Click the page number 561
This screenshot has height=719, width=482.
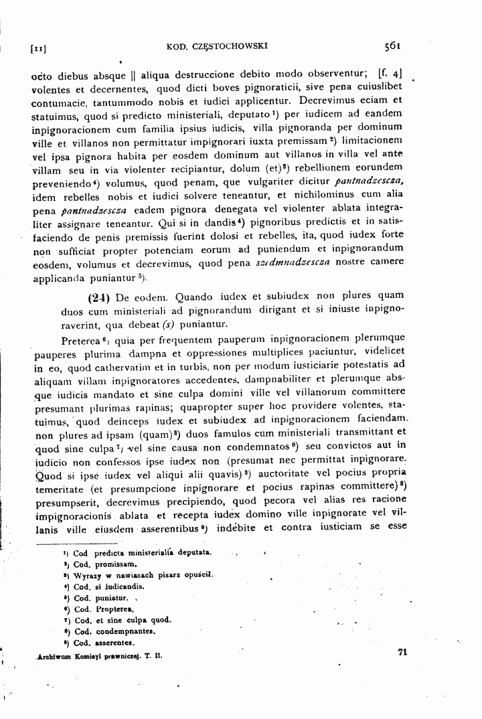[392, 46]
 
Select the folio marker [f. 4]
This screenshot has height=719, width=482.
[391, 72]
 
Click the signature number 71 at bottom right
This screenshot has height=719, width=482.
[402, 652]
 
